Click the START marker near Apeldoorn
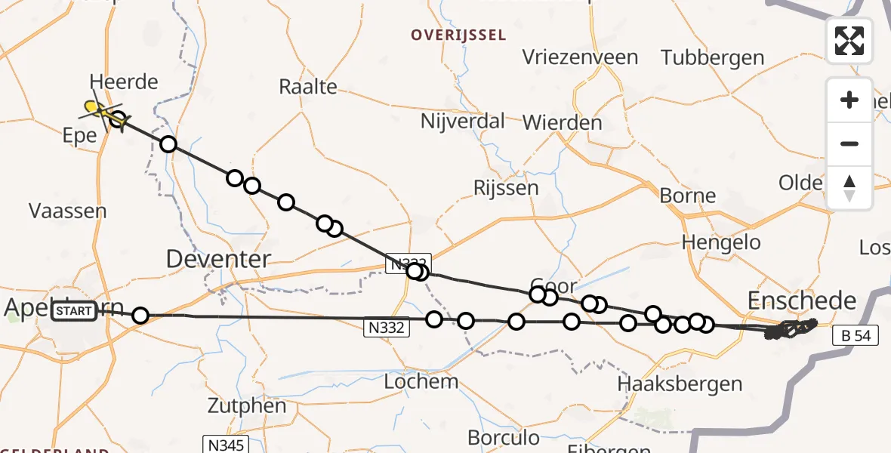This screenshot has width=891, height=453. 76,311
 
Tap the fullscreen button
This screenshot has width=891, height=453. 849,40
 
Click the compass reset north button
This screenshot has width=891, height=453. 849,187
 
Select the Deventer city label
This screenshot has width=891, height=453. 218,259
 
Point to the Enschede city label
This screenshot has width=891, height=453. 802,301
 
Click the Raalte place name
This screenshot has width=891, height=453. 308,86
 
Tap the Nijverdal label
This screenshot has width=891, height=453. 463,121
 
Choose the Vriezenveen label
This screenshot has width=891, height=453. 581,57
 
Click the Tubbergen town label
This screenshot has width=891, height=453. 712,57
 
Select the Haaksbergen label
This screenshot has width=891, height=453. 680,384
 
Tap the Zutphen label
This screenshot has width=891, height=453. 249,405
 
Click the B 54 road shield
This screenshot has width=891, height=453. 856,336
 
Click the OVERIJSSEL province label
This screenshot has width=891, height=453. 458,35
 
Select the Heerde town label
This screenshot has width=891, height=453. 123,82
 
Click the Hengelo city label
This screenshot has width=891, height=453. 721,242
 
